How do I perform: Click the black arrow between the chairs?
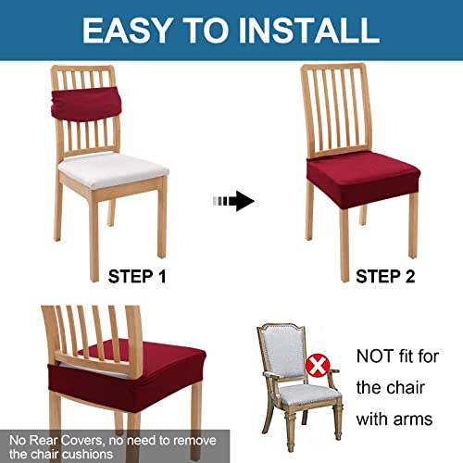pos(238,200)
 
